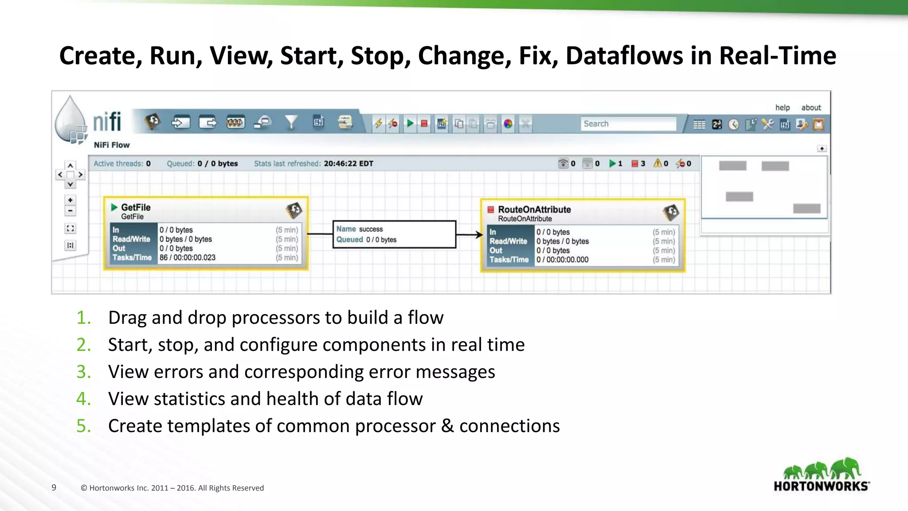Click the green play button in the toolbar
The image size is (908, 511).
coord(410,123)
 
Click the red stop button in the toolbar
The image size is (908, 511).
coord(424,123)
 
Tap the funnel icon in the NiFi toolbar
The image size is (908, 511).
coord(291,122)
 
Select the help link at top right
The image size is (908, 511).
coord(782,107)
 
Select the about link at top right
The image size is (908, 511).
coord(811,107)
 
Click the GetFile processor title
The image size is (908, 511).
coord(136,207)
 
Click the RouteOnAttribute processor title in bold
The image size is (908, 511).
coord(534,209)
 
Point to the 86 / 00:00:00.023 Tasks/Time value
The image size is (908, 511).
coord(188,257)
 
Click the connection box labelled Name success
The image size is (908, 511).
coord(394,234)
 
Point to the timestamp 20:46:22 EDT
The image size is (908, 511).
coord(348,163)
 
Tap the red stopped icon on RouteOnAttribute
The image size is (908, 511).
coord(491,209)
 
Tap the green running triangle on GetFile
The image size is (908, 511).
coord(114,207)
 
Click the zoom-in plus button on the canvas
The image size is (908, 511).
coord(70,200)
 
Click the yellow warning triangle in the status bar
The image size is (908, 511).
coord(658,163)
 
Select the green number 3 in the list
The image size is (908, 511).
coord(83,372)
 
